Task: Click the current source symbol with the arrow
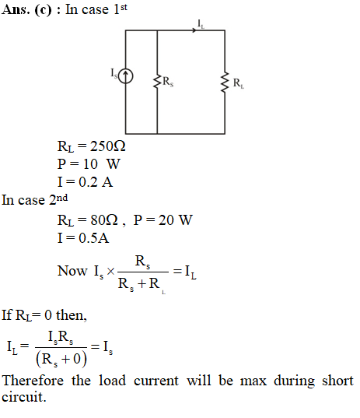click(125, 76)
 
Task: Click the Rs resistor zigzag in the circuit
click(157, 81)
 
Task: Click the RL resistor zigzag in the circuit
click(225, 82)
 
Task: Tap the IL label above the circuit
click(201, 24)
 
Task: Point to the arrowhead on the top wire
click(194, 30)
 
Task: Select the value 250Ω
click(107, 146)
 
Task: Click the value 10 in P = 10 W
click(90, 164)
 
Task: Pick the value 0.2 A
click(96, 182)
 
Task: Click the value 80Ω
click(104, 220)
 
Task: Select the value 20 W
click(175, 220)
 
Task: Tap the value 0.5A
click(94, 237)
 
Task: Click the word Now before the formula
click(72, 271)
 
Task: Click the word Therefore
click(33, 381)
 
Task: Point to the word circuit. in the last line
click(24, 397)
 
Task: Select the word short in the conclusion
click(337, 381)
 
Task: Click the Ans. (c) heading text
click(26, 10)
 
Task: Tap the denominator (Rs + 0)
click(61, 359)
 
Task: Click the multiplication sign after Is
click(110, 272)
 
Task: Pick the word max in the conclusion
click(253, 381)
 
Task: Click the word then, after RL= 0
click(72, 315)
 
